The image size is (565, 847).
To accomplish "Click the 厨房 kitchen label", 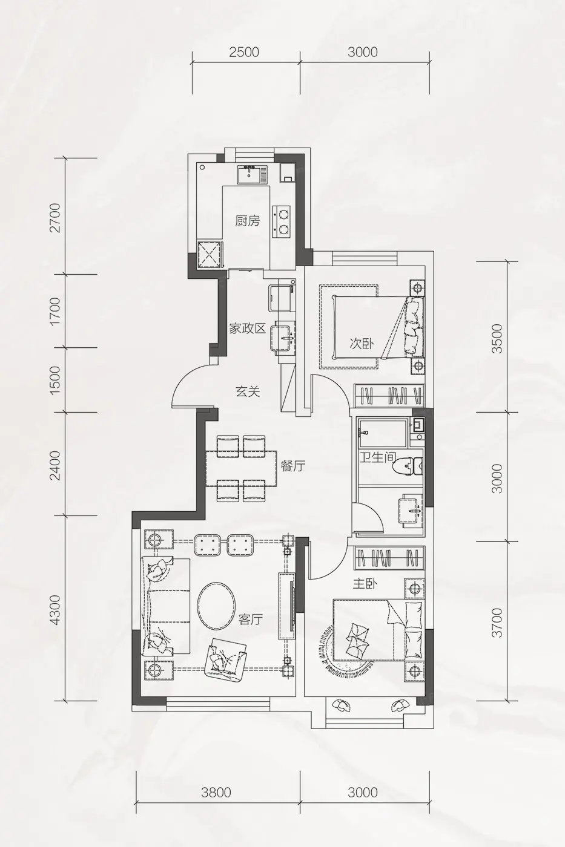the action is [x=248, y=221].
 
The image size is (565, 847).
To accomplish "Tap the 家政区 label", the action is [x=247, y=329].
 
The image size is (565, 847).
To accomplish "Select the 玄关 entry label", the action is [x=248, y=392].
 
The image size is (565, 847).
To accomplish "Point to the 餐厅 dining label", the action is [x=293, y=466].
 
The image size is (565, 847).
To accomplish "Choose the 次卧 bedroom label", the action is [x=362, y=344].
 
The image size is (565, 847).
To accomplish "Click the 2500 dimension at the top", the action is [x=244, y=52].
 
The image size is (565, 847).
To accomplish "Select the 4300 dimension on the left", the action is [x=55, y=610].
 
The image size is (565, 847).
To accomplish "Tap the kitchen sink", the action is [x=253, y=175].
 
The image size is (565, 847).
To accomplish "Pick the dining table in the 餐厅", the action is [x=241, y=468].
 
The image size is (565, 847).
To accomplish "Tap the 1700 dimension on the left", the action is [x=55, y=311].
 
